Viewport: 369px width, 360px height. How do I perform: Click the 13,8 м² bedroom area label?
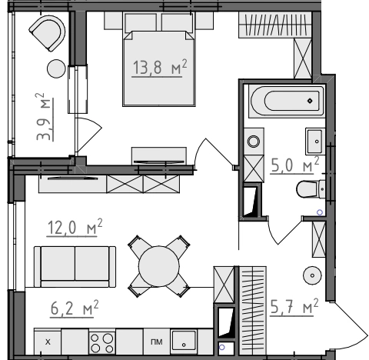[x=159, y=68]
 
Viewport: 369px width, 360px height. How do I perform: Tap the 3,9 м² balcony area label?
[x=44, y=117]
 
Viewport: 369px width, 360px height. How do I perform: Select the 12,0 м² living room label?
[x=75, y=227]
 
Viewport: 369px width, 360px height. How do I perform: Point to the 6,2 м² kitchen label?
[x=75, y=308]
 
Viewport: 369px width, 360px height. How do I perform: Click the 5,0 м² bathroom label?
[x=294, y=165]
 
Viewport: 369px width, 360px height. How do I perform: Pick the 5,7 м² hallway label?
[x=294, y=307]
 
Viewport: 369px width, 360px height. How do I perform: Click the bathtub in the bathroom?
[x=287, y=101]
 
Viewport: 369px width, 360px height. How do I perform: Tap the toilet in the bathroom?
[x=311, y=189]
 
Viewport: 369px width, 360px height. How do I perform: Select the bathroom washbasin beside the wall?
[x=315, y=142]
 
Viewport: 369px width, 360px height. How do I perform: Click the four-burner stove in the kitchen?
[x=102, y=343]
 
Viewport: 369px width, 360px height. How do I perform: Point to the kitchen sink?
[x=184, y=341]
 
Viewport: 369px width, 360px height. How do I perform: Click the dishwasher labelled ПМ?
[x=157, y=342]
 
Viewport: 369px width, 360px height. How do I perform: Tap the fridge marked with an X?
[x=48, y=342]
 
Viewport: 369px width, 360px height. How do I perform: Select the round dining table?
[x=159, y=266]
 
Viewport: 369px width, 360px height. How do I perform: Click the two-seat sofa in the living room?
[x=75, y=267]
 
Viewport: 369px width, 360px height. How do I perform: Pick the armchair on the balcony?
[x=48, y=33]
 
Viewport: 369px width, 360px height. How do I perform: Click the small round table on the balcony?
[x=56, y=68]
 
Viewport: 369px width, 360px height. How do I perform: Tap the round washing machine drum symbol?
[x=254, y=142]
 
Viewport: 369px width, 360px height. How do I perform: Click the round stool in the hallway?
[x=312, y=275]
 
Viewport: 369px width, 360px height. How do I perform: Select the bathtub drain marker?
[x=310, y=101]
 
